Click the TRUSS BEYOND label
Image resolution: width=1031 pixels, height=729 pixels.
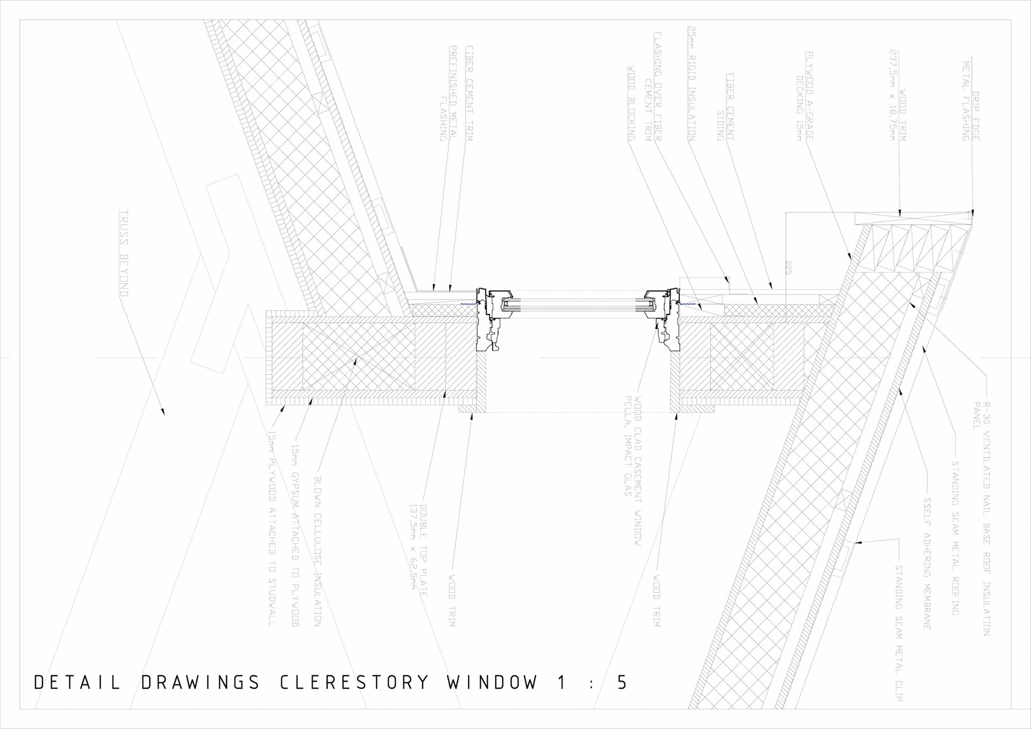124,253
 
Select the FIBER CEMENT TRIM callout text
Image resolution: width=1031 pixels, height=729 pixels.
469,93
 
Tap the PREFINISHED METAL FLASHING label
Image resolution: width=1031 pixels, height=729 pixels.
448,93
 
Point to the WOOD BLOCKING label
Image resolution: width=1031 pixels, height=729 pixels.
631,104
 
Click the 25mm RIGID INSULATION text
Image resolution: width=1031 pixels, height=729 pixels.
692,83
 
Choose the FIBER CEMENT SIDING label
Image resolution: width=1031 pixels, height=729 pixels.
725,107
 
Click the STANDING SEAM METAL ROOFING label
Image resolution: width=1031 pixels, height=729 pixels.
955,538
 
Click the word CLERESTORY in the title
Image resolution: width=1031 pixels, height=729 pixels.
354,682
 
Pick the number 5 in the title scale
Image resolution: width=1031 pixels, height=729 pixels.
622,682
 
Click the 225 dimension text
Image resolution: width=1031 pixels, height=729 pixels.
788,268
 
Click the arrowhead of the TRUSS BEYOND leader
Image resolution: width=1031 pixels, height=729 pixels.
163,413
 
